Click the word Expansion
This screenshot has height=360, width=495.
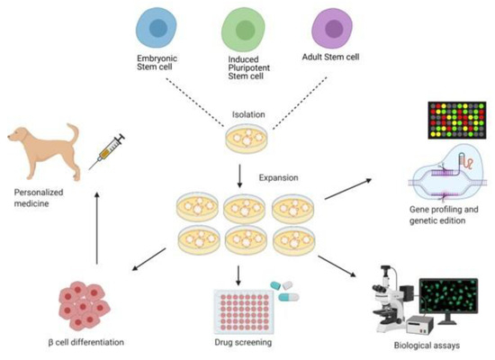pos(280,178)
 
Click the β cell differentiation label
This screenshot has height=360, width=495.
pos(82,344)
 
